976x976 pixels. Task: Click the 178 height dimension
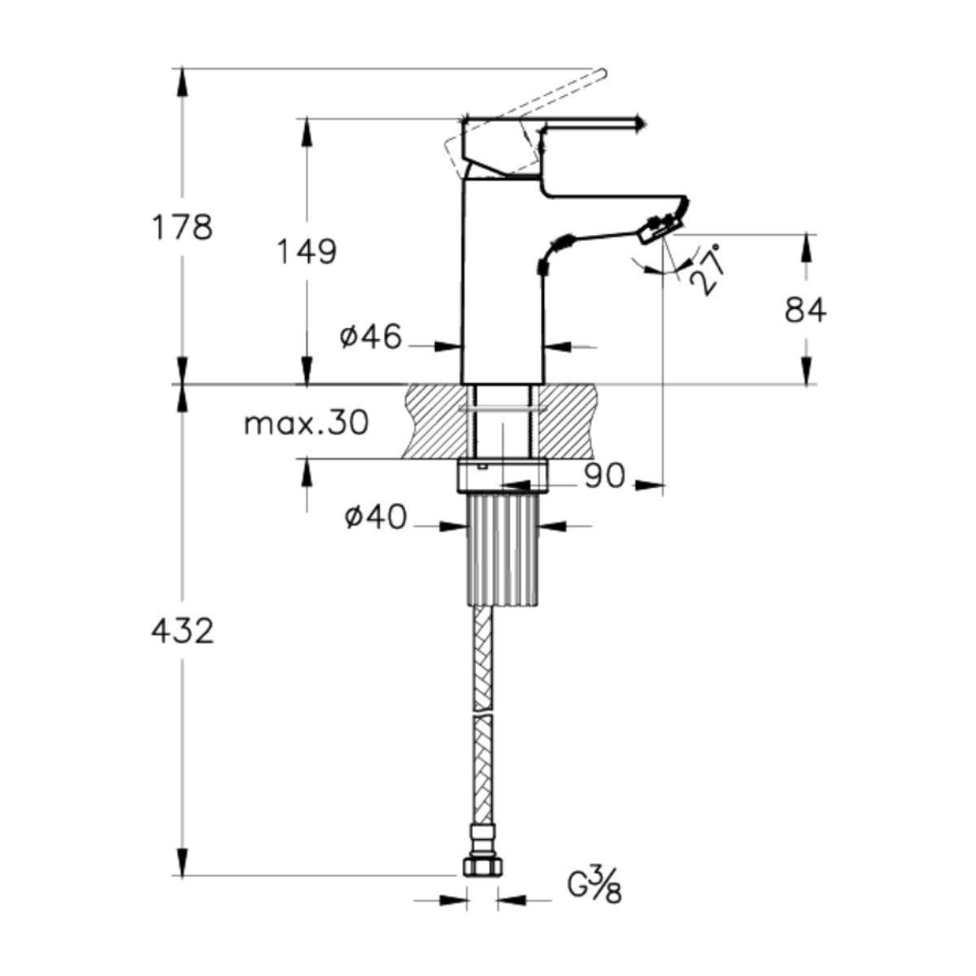[182, 228]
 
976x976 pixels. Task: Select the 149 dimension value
[307, 251]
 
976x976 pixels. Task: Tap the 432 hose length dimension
[183, 632]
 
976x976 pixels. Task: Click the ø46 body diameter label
[371, 336]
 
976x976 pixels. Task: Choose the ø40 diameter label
[376, 517]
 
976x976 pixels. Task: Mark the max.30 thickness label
[307, 423]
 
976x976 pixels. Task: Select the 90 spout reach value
[605, 476]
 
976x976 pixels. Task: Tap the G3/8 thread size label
[594, 887]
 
